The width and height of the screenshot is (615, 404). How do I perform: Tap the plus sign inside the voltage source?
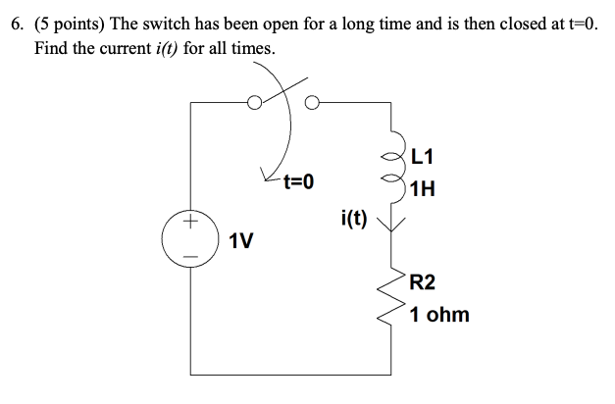coord(192,224)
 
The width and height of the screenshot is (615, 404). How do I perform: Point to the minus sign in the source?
coord(192,258)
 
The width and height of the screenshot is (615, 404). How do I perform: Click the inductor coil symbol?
coord(397,168)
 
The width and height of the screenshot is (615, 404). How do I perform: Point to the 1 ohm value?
coord(439,316)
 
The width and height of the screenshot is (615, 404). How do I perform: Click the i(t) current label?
coord(354,218)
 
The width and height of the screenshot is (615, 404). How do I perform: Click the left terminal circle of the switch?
coord(253,101)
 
